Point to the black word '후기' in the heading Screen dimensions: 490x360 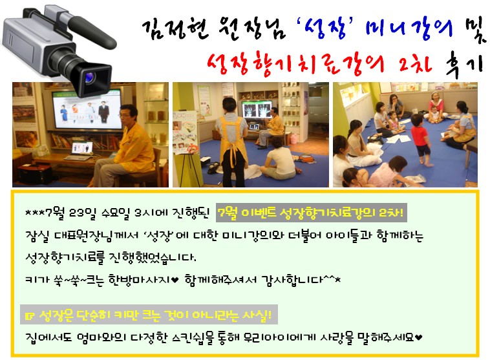pyautogui.click(x=464, y=65)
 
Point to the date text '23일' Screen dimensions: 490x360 pyautogui.click(x=82, y=213)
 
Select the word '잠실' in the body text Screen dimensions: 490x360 pyautogui.click(x=37, y=236)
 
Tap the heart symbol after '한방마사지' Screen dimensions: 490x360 pyautogui.click(x=175, y=280)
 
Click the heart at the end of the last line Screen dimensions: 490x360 pyautogui.click(x=419, y=337)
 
